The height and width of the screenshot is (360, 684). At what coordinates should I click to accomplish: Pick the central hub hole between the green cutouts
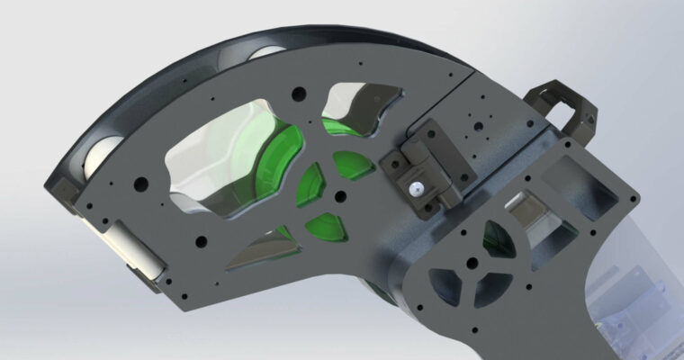(x=338, y=194)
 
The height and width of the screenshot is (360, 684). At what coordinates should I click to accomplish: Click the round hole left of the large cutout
(x=140, y=184)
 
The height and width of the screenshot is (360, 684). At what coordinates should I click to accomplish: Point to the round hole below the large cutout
(x=200, y=241)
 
